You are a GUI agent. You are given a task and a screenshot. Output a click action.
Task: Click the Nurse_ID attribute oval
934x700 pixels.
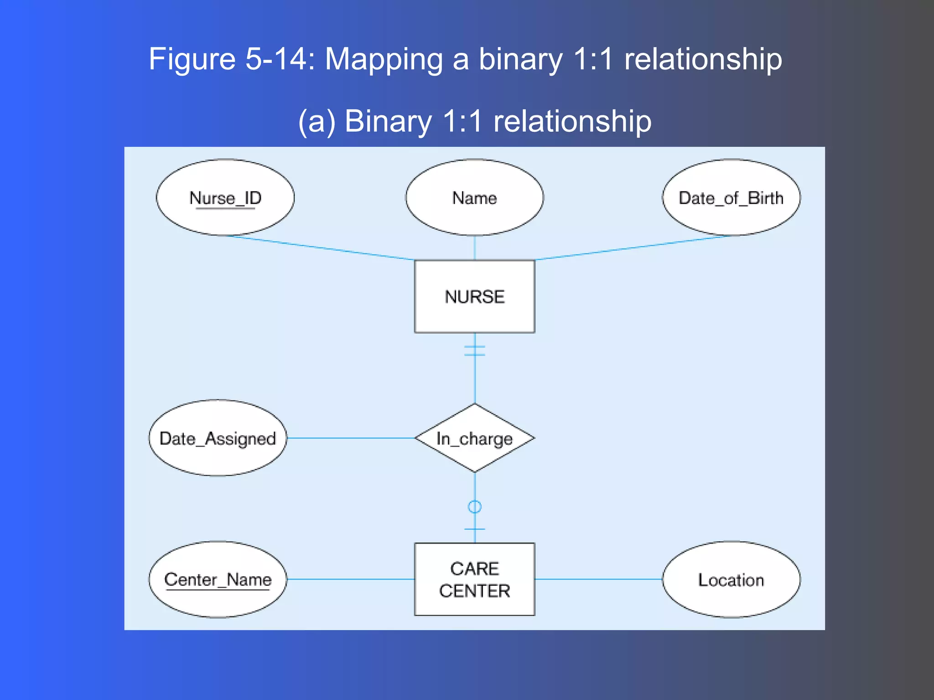(225, 197)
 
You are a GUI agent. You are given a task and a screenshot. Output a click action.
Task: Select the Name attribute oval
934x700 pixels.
(474, 197)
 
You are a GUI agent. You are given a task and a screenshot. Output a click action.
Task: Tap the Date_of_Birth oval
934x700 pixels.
(731, 197)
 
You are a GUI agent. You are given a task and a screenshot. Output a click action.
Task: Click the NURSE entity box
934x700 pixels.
(474, 296)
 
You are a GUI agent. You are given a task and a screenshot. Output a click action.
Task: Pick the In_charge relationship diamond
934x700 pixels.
(474, 438)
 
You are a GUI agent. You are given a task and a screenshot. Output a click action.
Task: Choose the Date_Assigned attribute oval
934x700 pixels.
(218, 438)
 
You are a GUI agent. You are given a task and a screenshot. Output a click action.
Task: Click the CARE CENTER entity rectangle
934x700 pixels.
(474, 579)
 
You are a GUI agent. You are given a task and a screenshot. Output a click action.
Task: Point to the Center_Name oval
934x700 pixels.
(218, 579)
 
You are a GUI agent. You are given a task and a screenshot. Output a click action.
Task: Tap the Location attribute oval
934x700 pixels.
(731, 579)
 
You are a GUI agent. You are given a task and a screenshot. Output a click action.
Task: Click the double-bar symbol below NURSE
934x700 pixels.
(475, 350)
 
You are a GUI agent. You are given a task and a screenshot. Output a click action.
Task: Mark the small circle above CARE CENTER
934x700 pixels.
(475, 507)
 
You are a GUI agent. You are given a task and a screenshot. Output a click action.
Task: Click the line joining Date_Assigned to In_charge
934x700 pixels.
(350, 438)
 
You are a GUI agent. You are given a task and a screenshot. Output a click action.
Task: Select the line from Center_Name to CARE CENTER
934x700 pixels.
(350, 579)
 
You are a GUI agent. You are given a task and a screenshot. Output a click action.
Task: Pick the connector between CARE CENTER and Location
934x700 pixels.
(598, 579)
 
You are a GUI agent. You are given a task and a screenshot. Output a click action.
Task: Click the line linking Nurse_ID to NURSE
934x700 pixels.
(319, 247)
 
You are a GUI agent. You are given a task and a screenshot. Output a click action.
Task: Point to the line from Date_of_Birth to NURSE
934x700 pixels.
(634, 247)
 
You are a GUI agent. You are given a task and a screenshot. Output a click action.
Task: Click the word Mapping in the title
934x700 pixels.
(384, 59)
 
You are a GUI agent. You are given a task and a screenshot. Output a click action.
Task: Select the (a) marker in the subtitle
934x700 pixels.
(317, 121)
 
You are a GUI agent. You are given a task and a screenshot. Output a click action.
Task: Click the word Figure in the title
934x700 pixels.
(192, 59)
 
